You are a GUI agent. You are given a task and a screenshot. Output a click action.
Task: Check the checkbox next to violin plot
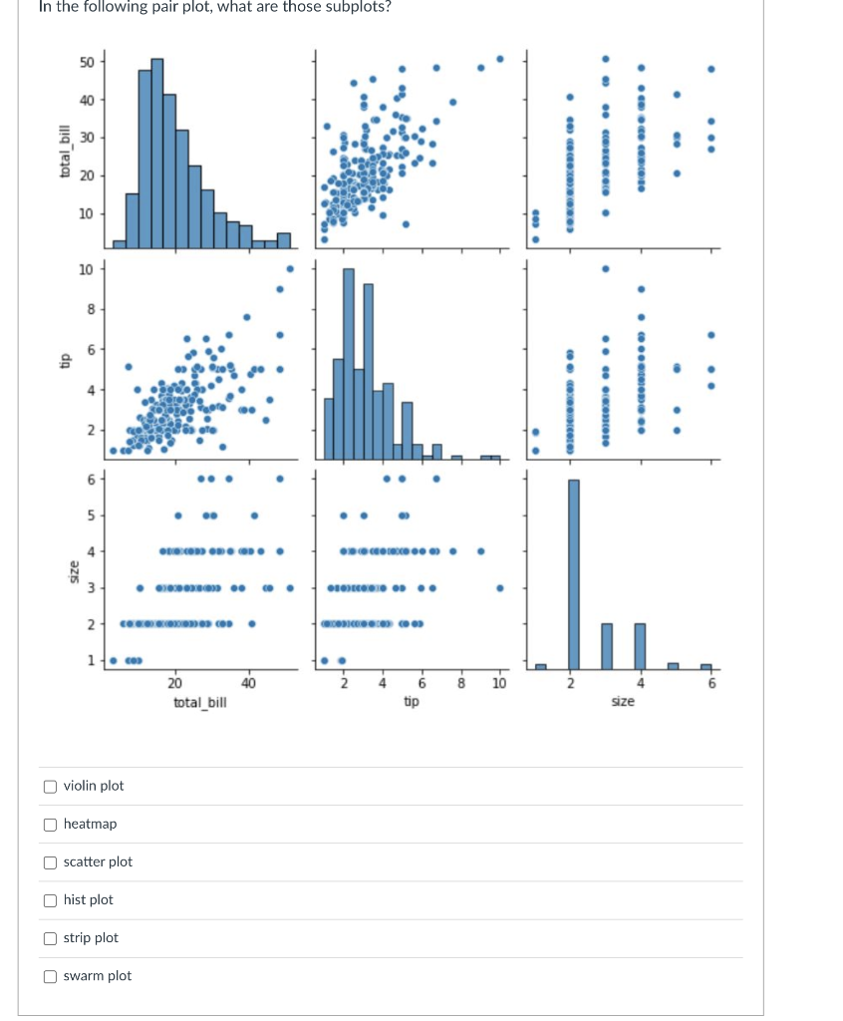[50, 787]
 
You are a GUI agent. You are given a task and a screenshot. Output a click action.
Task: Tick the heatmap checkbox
[50, 825]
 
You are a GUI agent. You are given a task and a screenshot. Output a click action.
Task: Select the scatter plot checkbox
[50, 862]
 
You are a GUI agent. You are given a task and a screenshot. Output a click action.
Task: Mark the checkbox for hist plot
[50, 900]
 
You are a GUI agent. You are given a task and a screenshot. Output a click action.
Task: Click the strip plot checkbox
[50, 938]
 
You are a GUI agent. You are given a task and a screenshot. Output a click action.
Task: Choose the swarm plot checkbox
[50, 976]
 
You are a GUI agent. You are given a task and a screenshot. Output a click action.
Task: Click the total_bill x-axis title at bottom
[199, 702]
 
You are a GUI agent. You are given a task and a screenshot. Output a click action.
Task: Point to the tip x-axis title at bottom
[411, 702]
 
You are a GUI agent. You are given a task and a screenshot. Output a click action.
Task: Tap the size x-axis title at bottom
[622, 702]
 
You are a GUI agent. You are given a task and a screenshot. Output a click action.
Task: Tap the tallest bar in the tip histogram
[348, 364]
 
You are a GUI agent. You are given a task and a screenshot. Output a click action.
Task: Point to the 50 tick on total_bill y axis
[87, 62]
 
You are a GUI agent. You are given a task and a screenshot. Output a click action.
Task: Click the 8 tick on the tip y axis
[90, 309]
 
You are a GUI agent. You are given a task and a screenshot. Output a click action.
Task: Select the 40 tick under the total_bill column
[248, 683]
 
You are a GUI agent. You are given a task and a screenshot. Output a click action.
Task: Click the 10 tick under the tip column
[498, 683]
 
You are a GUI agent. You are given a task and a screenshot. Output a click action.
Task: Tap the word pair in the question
[161, 6]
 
